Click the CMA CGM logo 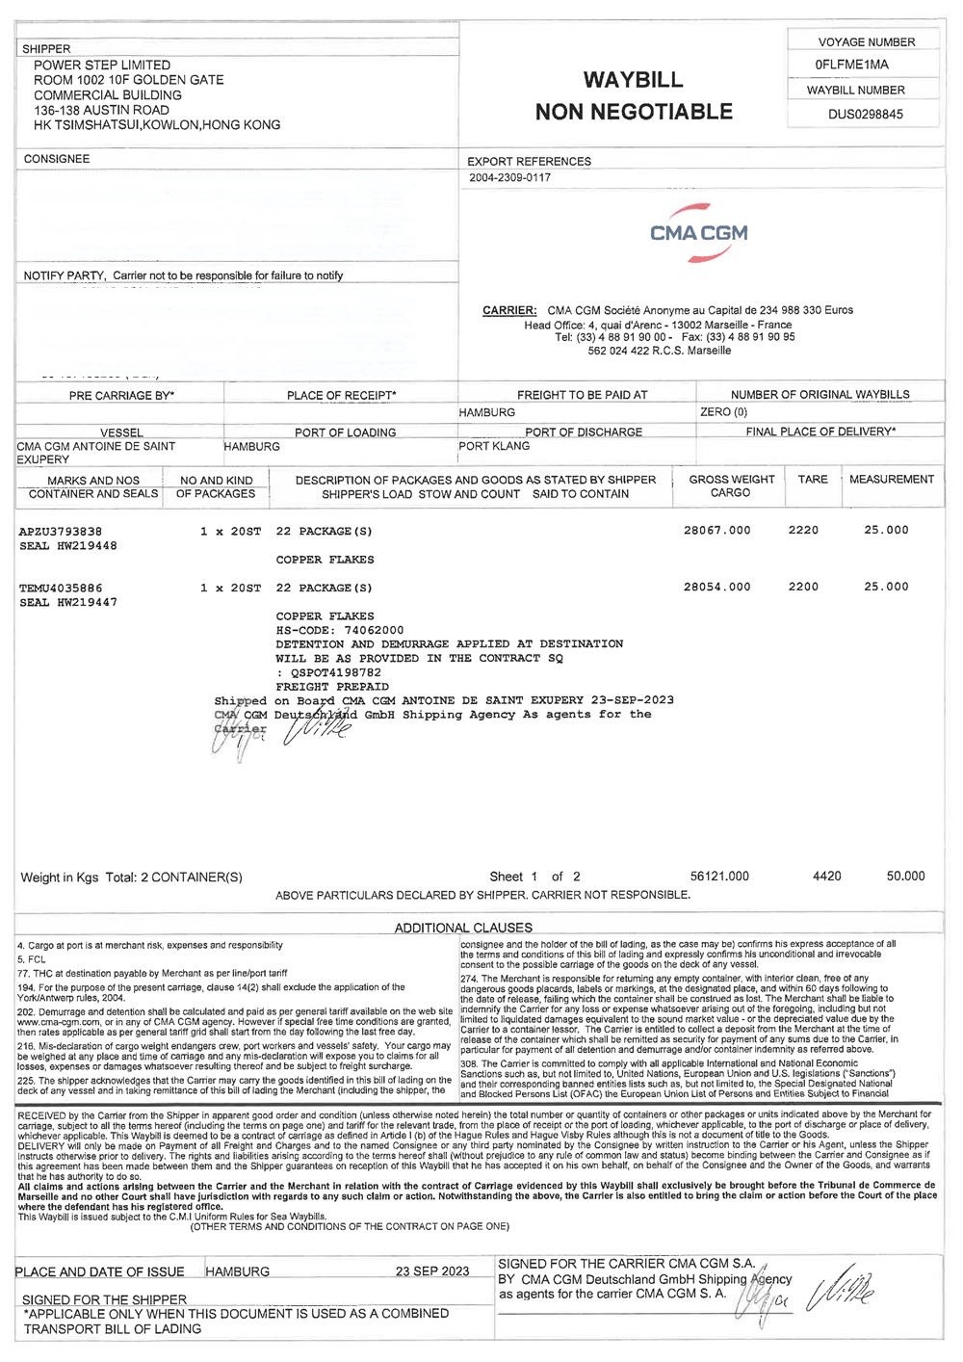click(x=698, y=232)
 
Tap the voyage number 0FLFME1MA click(x=851, y=65)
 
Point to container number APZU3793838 click(x=61, y=531)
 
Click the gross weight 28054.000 click(x=716, y=587)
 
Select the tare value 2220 click(x=803, y=531)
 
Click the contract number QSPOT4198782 click(x=332, y=672)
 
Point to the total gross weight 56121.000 click(x=719, y=877)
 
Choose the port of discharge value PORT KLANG click(x=494, y=447)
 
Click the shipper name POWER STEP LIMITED click(x=102, y=65)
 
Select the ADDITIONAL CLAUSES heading click(x=463, y=928)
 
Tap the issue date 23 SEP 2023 click(x=432, y=1271)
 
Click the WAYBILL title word click(x=633, y=80)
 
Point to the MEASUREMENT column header click(x=891, y=479)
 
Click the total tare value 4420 click(x=826, y=877)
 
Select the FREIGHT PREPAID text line click(x=332, y=687)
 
